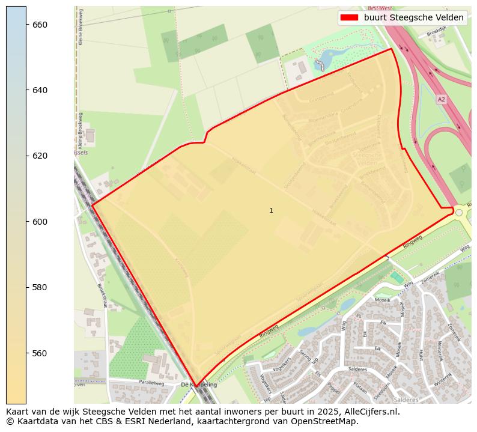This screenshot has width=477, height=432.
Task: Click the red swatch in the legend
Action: (x=349, y=17)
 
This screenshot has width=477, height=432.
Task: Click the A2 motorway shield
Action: (x=442, y=99)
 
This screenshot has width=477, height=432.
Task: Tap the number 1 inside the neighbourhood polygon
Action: (x=271, y=210)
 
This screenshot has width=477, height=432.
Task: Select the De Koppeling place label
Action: (x=199, y=384)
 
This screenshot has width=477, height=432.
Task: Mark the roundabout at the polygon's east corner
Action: (x=459, y=213)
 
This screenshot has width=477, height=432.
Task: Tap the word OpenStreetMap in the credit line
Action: (x=325, y=421)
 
